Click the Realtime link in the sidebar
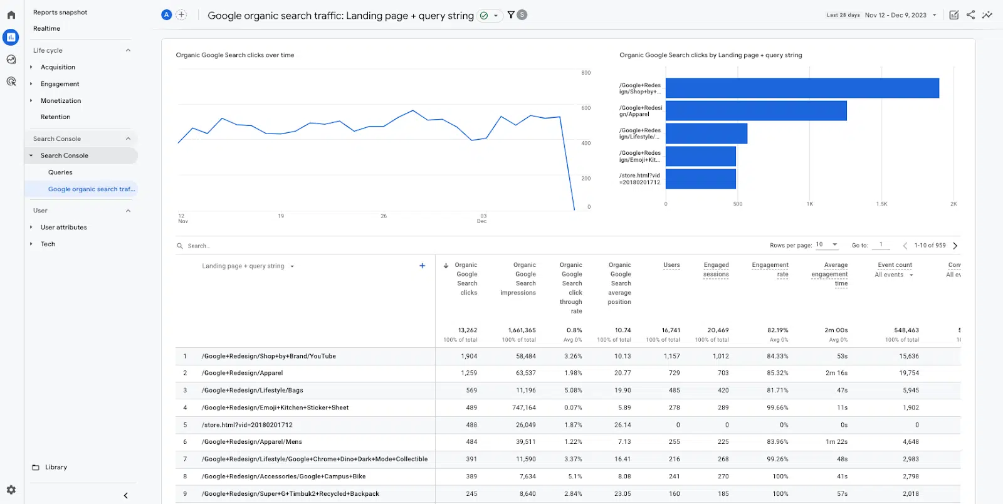(x=47, y=29)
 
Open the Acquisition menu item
(x=58, y=67)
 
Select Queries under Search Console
(x=60, y=172)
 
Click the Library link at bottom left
(x=56, y=468)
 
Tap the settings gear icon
(x=11, y=490)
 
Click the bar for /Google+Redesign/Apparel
(x=755, y=111)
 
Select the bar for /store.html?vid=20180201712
(x=700, y=179)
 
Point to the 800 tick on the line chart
(x=586, y=73)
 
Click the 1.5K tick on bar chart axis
(x=881, y=204)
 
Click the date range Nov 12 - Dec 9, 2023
(x=895, y=15)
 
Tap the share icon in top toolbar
(x=970, y=15)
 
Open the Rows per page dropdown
(x=827, y=244)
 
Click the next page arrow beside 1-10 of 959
(x=955, y=246)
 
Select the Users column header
(x=671, y=265)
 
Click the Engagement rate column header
(x=770, y=270)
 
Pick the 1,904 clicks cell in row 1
(x=469, y=356)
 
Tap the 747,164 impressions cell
(x=523, y=407)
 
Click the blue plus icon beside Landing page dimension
(x=422, y=266)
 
